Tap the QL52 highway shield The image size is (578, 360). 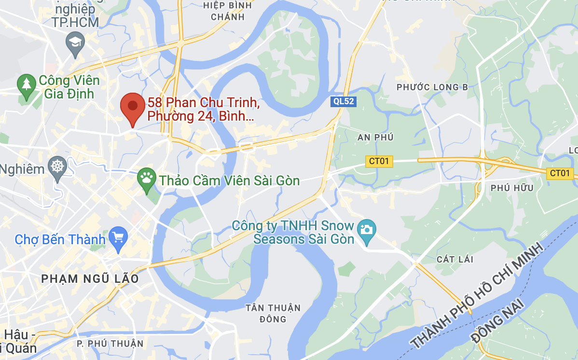click(343, 101)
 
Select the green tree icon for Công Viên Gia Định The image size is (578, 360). click(27, 84)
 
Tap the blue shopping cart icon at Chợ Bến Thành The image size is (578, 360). click(118, 236)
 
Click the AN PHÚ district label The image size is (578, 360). click(375, 138)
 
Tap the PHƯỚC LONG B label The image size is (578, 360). click(432, 87)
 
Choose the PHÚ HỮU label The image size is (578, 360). click(511, 188)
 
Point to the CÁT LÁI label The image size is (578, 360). click(454, 260)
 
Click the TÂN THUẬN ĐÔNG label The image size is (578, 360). click(273, 313)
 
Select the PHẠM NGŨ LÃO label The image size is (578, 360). click(90, 279)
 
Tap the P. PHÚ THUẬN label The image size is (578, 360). click(110, 344)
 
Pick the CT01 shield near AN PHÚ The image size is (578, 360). click(380, 162)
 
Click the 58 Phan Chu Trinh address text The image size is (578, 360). click(204, 110)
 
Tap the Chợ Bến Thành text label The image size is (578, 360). click(60, 239)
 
